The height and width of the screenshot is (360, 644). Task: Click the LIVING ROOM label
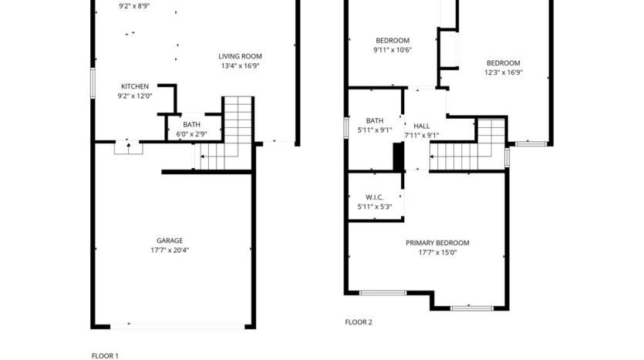pos(240,56)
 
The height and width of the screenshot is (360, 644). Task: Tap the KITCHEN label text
pos(134,86)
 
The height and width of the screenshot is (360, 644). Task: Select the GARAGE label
pos(170,241)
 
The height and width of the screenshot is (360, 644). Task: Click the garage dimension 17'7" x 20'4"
pos(170,250)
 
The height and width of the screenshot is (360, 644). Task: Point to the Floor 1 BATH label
pos(192,125)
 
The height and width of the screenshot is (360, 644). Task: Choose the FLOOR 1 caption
pos(106,355)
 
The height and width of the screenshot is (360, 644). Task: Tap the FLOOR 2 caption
pos(359,322)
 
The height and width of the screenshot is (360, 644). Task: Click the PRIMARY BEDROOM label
pos(437,243)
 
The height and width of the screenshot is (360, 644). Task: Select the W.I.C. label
pos(375,197)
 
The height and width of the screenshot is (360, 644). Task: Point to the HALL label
pos(422,126)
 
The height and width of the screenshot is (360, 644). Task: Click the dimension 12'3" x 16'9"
pos(503,73)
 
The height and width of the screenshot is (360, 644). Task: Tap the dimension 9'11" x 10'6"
pos(393,50)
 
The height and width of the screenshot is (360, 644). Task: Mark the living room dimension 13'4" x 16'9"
pos(240,66)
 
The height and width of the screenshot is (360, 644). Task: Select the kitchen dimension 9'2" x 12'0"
pos(134,96)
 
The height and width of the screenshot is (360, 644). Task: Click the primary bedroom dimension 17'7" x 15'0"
pos(437,252)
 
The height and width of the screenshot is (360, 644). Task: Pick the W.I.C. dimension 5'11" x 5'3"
pos(375,207)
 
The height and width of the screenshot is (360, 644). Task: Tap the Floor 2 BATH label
pos(375,120)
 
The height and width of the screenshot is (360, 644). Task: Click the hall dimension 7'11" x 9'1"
pos(422,136)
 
